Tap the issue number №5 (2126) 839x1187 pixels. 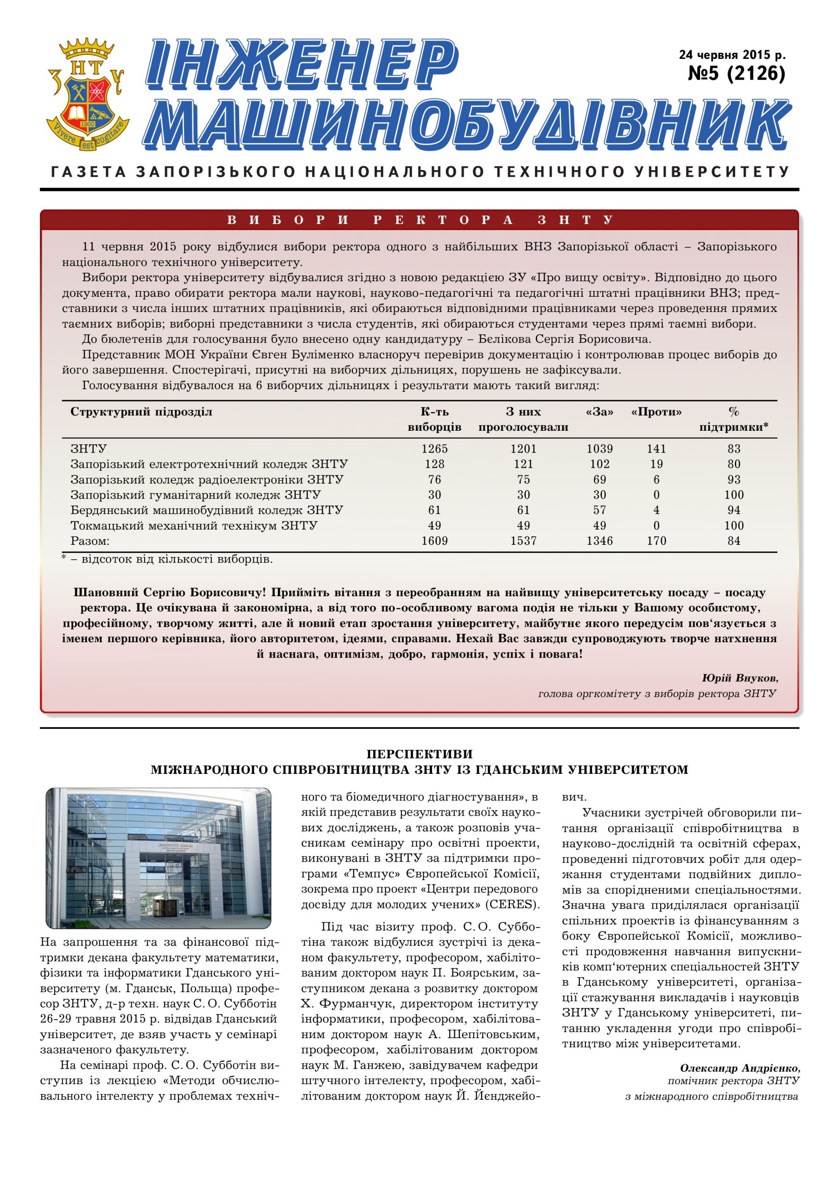(736, 73)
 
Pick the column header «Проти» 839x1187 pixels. (656, 412)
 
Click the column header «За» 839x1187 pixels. (600, 412)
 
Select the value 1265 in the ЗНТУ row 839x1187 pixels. (434, 449)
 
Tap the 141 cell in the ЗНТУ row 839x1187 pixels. (656, 449)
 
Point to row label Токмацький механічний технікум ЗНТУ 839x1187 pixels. (194, 526)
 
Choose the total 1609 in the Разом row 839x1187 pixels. (434, 541)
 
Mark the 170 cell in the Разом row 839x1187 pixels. (656, 541)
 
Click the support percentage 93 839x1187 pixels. (733, 480)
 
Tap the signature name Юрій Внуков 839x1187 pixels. (740, 678)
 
